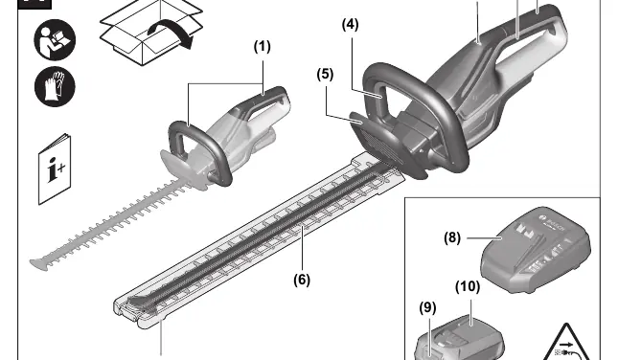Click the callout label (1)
coord(263,47)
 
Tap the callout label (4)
coord(351,25)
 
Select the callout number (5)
coord(325,74)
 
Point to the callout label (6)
coord(302,280)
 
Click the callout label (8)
coord(452,237)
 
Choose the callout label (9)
coord(427,307)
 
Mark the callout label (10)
coord(468,286)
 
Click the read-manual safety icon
coord(55,40)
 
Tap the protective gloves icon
coord(55,87)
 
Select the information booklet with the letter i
coord(55,169)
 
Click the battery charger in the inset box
coord(536,250)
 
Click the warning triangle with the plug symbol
coord(566,344)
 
